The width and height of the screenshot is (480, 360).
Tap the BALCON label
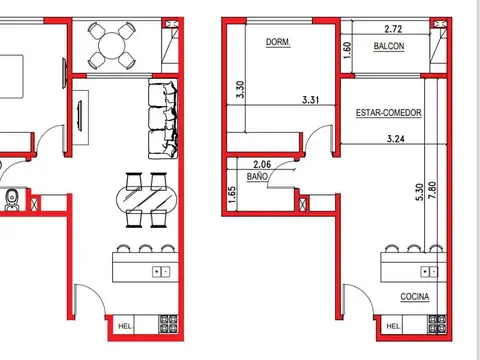tap(389, 48)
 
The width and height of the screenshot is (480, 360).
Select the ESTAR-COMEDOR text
tap(388, 113)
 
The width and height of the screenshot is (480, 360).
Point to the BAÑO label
tap(257, 176)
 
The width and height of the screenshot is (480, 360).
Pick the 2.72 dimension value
tap(394, 30)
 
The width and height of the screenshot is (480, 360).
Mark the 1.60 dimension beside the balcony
tap(348, 48)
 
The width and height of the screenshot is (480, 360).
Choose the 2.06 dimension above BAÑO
tap(262, 164)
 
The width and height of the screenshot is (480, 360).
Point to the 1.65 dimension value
tap(232, 194)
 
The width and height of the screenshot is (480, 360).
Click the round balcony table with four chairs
tap(109, 43)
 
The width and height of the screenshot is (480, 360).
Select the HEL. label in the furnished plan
tap(125, 325)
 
